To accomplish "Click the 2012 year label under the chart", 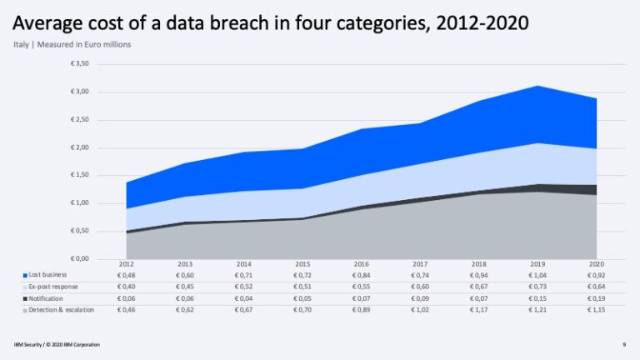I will tap(127, 265).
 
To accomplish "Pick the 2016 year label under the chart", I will tap(361, 265).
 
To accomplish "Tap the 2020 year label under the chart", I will tap(596, 265).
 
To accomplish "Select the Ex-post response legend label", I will tap(52, 286).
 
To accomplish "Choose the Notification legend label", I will tap(46, 297).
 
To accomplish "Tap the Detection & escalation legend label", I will tap(58, 310).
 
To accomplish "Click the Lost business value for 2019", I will tap(537, 274).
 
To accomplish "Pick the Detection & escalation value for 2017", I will tap(420, 310).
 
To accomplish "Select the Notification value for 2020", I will tap(596, 297).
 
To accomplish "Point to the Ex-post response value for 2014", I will tap(244, 286).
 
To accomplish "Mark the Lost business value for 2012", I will tap(127, 274).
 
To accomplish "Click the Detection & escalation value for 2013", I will tap(185, 310).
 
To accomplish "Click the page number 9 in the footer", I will tap(624, 343).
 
